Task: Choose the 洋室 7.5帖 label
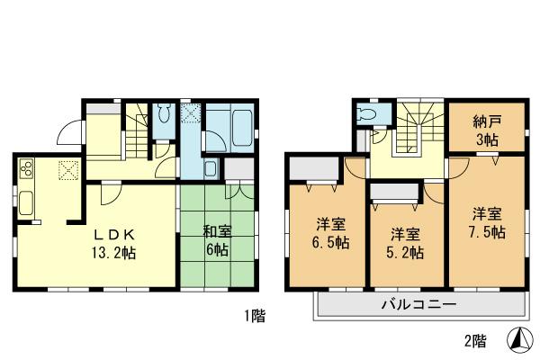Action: (x=489, y=222)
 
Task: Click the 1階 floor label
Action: (x=253, y=316)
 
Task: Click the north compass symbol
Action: (x=521, y=340)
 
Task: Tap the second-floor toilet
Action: (x=367, y=114)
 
